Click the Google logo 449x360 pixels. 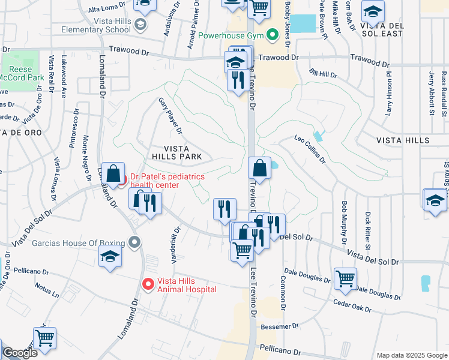[20, 353]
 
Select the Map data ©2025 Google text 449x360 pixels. [411, 355]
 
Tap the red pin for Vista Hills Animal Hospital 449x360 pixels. [147, 283]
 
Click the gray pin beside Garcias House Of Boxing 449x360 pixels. [134, 243]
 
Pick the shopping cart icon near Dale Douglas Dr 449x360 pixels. [345, 278]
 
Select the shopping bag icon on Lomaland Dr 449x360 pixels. [113, 173]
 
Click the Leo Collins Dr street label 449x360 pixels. [309, 149]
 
